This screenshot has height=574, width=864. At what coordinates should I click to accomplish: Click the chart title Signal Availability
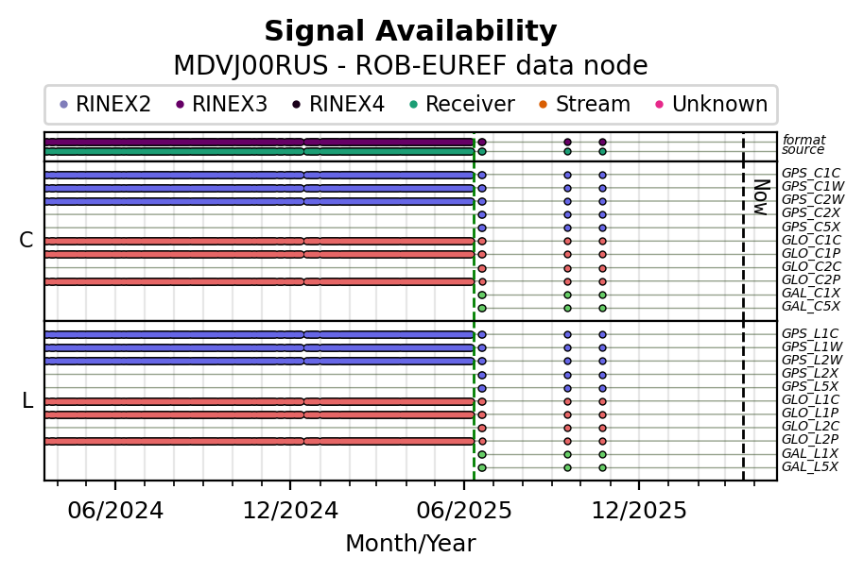click(410, 32)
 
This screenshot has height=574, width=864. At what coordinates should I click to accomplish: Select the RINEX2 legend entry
click(112, 104)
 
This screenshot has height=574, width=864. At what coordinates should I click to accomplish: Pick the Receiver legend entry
click(469, 104)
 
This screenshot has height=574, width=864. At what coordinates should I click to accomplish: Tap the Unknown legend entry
click(719, 104)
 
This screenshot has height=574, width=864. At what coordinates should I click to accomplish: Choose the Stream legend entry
click(593, 104)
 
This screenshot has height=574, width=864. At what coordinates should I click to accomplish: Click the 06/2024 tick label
click(115, 511)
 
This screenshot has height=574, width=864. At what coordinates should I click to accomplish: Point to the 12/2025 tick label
click(638, 511)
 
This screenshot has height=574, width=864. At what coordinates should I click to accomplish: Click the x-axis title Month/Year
click(410, 544)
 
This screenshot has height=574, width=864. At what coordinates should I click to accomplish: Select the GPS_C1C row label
click(810, 174)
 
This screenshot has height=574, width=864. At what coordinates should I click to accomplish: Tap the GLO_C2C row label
click(810, 267)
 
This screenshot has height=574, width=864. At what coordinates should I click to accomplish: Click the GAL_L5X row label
click(809, 467)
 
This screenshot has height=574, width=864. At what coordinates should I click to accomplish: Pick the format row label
click(804, 140)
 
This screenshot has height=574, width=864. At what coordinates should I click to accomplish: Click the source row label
click(803, 150)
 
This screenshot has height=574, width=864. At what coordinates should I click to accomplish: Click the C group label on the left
click(26, 241)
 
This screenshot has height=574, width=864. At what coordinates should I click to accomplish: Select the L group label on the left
click(26, 401)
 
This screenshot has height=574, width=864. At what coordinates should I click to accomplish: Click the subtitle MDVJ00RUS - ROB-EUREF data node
click(410, 66)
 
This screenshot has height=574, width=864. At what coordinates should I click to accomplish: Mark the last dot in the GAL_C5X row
click(602, 308)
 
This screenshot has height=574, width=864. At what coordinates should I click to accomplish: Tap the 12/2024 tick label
click(289, 511)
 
